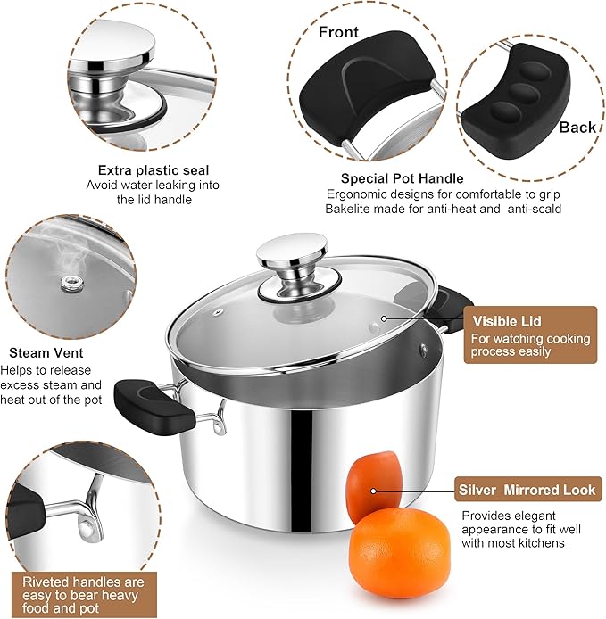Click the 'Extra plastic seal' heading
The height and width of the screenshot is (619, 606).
[x=154, y=169]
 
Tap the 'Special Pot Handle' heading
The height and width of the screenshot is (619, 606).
[x=402, y=178]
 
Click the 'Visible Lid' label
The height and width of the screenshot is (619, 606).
[x=507, y=321]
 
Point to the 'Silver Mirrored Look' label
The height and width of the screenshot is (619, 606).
[x=527, y=490]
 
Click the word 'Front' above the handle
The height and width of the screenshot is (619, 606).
[x=338, y=33]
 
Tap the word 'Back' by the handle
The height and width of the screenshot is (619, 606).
[x=577, y=128]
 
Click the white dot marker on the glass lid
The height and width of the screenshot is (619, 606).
[x=385, y=318]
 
